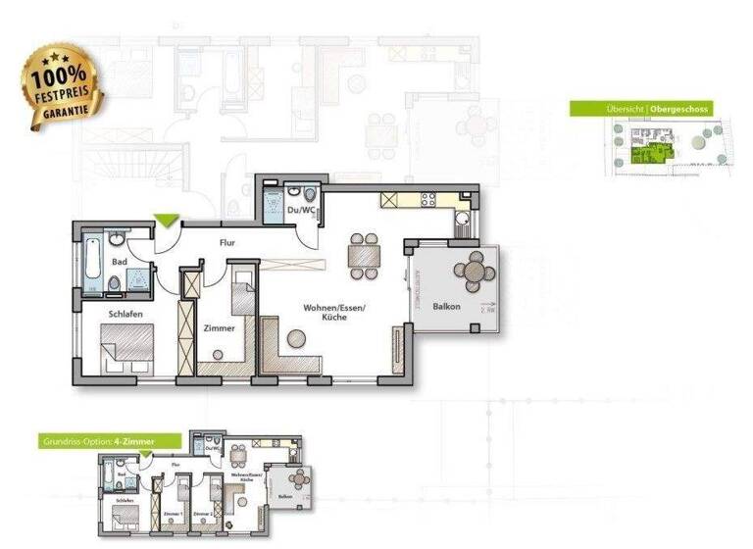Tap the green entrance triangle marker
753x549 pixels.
click(x=166, y=222)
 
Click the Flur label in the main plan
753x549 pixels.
click(x=226, y=241)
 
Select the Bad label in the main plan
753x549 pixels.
click(x=120, y=262)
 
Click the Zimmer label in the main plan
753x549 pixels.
click(x=219, y=328)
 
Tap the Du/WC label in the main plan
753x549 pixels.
click(x=299, y=209)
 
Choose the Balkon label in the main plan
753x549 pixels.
click(x=447, y=308)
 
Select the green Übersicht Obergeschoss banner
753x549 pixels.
click(x=641, y=109)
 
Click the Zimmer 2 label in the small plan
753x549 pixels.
click(x=203, y=513)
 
